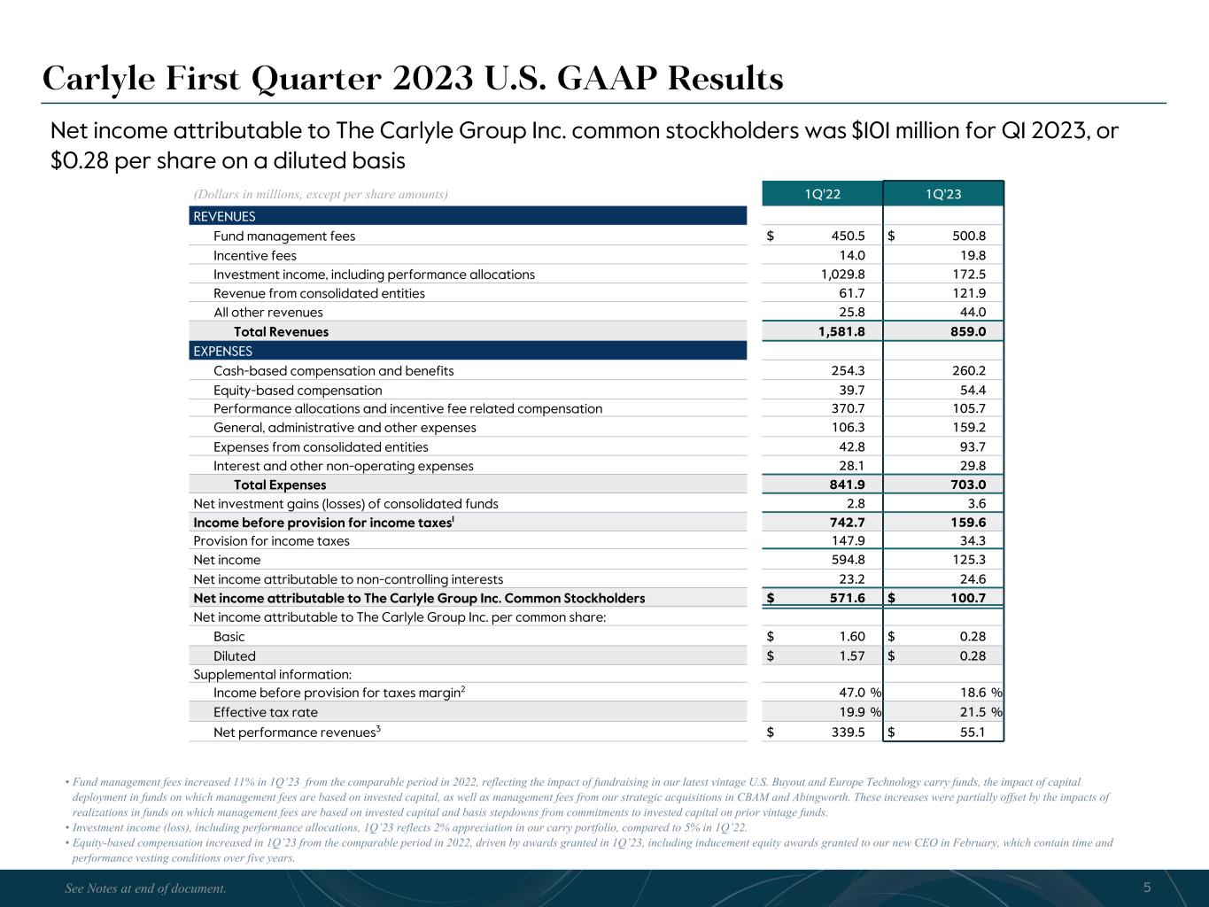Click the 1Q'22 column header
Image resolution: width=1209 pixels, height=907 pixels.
[x=822, y=194]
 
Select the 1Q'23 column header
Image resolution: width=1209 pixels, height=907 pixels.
[x=943, y=194]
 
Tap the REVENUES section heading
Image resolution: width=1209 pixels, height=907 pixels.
[x=224, y=216]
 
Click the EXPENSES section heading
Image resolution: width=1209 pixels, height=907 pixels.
[x=222, y=351]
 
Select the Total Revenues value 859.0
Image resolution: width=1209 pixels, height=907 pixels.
[x=964, y=332]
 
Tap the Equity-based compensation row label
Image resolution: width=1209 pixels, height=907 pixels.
[x=298, y=391]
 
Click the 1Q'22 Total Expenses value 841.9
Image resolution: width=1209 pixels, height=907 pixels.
[x=846, y=485]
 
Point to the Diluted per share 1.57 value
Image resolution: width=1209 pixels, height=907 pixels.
[x=850, y=656]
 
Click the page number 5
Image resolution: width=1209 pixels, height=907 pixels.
[x=1147, y=888]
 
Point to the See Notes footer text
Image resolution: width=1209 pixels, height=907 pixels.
[x=146, y=888]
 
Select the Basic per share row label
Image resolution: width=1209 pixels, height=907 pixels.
[x=229, y=637]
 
